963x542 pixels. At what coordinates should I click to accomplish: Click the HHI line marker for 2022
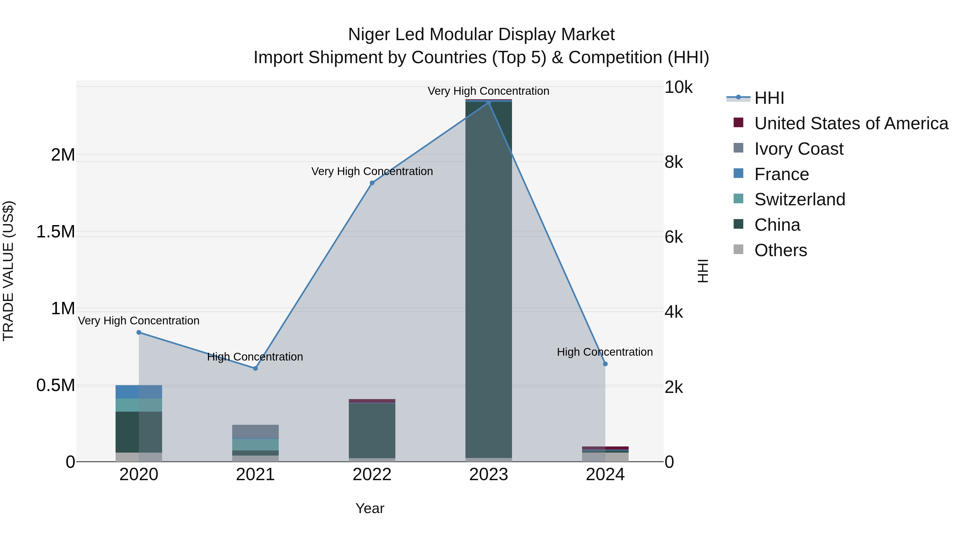[372, 183]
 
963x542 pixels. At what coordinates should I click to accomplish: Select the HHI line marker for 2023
[489, 103]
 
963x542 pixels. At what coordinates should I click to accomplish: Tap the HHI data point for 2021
[255, 369]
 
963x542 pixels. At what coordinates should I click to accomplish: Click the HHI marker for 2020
[139, 332]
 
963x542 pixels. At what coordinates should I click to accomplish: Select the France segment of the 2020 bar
[139, 392]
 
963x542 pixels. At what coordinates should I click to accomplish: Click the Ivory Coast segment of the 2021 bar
[255, 431]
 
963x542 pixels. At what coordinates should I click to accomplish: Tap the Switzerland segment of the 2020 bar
[139, 405]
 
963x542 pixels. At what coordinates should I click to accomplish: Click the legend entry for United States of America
[851, 123]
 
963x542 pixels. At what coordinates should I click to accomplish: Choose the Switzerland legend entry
[800, 199]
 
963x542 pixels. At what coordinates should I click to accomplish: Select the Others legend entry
[781, 250]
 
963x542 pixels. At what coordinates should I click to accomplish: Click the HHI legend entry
[769, 98]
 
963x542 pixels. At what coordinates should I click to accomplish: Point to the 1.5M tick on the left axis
[56, 232]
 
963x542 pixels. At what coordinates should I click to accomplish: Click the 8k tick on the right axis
[674, 162]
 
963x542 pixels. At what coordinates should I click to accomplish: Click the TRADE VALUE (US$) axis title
[9, 271]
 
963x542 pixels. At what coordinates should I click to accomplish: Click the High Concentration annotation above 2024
[605, 352]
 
